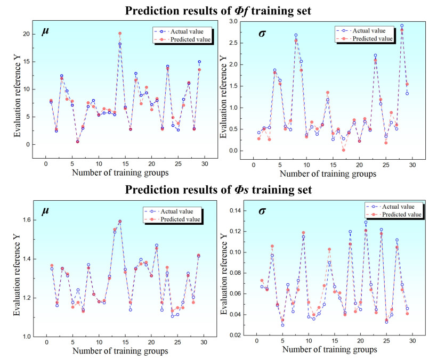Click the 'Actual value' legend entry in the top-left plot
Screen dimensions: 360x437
(x=183, y=30)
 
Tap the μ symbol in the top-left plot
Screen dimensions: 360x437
(x=47, y=31)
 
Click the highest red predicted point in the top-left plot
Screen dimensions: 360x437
(x=120, y=34)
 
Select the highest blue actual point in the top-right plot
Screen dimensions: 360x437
(x=402, y=26)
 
